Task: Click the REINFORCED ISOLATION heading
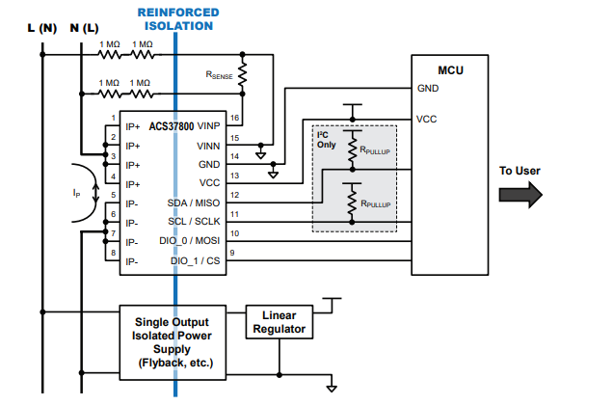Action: click(x=177, y=19)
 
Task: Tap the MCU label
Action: click(x=449, y=70)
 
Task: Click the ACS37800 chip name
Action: click(x=171, y=125)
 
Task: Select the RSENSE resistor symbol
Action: click(x=243, y=74)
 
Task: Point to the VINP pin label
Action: click(x=208, y=125)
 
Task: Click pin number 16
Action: click(x=234, y=118)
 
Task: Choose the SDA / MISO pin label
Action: click(x=194, y=202)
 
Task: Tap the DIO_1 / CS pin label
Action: click(x=196, y=260)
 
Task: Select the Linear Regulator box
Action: click(x=279, y=322)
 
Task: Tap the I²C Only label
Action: click(x=327, y=140)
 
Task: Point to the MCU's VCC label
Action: click(x=427, y=120)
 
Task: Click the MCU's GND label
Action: click(x=428, y=89)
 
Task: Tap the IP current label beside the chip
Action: click(x=77, y=193)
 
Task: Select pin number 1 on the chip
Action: click(x=113, y=118)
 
